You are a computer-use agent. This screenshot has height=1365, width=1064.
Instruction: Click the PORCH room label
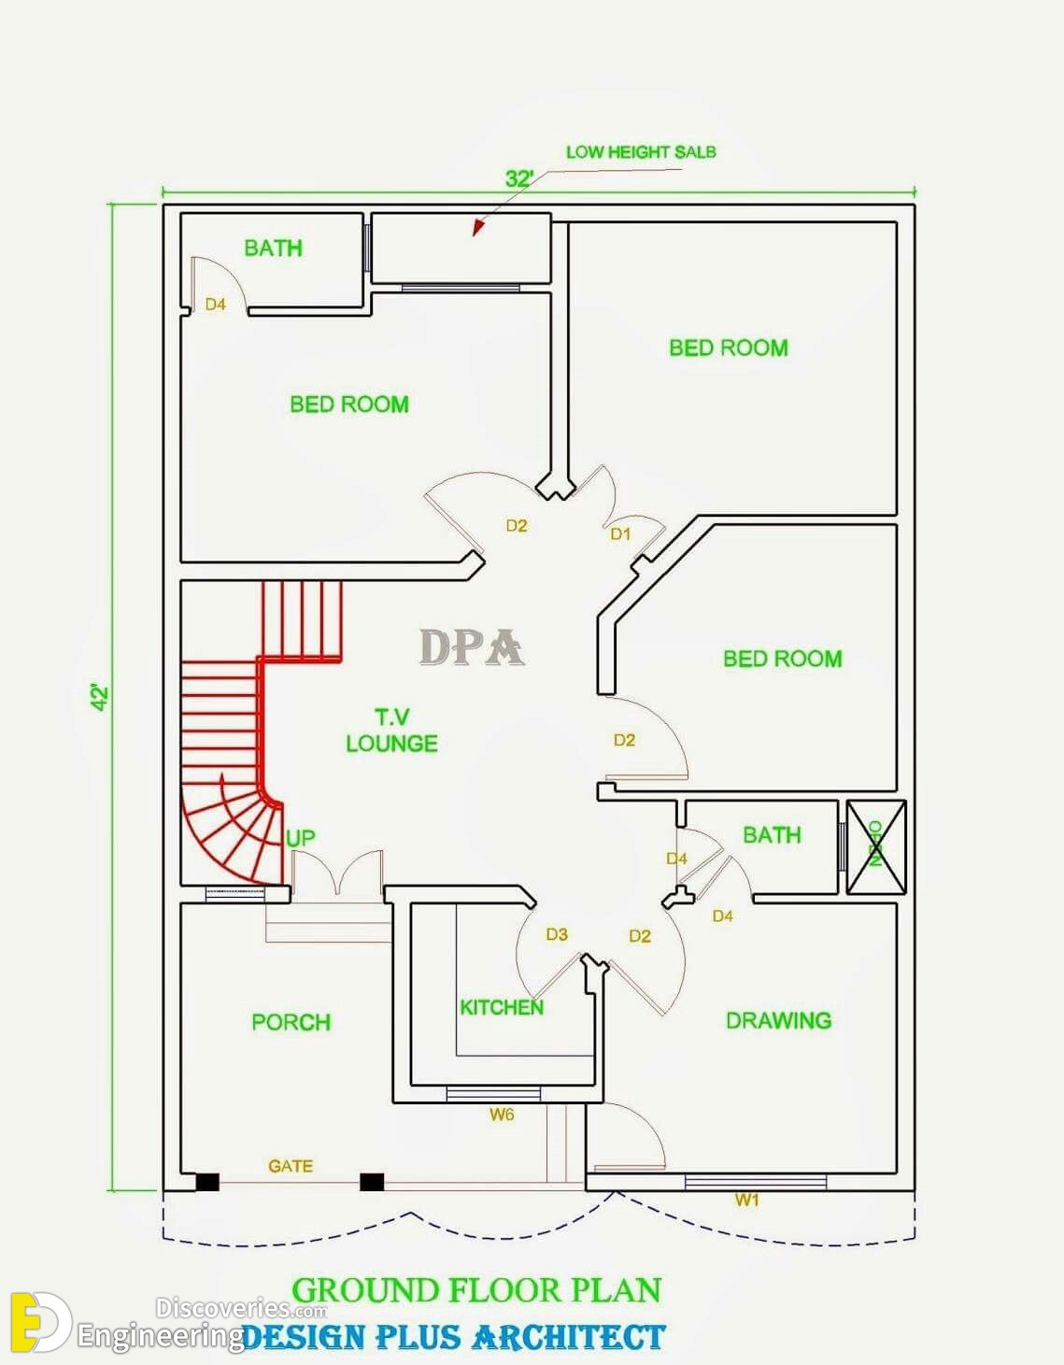click(x=291, y=1022)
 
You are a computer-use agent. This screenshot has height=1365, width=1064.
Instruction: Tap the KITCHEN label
click(x=501, y=1007)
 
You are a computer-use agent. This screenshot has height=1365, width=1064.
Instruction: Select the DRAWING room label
click(x=778, y=1020)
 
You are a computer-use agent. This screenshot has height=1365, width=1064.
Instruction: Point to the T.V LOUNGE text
click(x=391, y=731)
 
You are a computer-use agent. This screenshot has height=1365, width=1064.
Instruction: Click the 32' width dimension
click(x=518, y=178)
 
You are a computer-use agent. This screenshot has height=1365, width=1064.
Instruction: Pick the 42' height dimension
click(x=100, y=697)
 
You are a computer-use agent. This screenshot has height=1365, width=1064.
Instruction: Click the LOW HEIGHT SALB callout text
click(x=641, y=152)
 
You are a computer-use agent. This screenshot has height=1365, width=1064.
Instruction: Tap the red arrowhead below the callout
click(x=478, y=228)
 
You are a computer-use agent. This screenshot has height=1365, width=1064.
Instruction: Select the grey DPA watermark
click(x=471, y=647)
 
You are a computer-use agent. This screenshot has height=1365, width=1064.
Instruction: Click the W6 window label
click(x=502, y=1114)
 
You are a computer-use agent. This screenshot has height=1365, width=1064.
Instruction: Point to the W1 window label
click(x=746, y=1200)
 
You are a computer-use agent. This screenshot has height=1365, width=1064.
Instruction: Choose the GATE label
click(x=291, y=1166)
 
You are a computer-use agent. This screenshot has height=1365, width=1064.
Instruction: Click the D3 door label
click(x=557, y=934)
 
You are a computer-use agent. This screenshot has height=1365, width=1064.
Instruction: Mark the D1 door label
click(x=620, y=533)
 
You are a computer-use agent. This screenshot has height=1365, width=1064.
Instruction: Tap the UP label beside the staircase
click(x=300, y=838)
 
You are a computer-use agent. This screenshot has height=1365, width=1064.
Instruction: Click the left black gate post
click(x=207, y=1182)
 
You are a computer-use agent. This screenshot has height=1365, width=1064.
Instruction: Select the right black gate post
click(x=372, y=1182)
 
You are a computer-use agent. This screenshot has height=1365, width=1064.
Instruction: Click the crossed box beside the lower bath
click(x=875, y=846)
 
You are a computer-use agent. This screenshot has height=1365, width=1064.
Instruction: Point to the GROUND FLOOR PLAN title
click(x=476, y=1290)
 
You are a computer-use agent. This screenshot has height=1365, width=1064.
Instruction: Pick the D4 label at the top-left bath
click(x=215, y=305)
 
